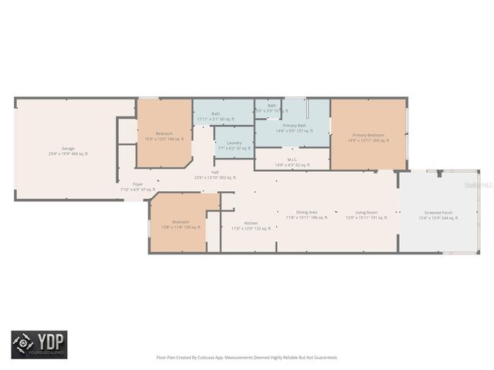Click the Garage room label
click(67, 148)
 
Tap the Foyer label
click(137, 184)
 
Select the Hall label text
click(214, 172)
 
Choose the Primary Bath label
click(294, 125)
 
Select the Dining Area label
click(306, 212)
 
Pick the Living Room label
click(366, 212)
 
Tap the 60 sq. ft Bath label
click(215, 114)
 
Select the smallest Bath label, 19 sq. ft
click(272, 106)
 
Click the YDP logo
click(39, 345)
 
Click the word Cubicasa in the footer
click(204, 357)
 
